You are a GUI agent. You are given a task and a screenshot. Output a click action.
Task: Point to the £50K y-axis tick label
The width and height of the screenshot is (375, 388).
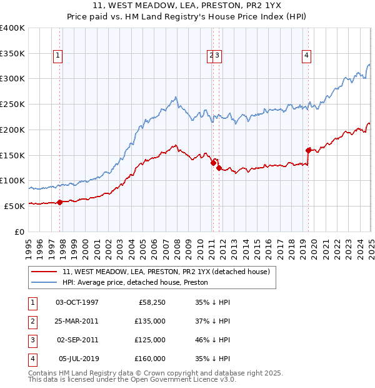(15, 205)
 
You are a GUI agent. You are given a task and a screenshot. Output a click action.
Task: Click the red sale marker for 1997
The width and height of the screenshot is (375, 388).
(60, 202)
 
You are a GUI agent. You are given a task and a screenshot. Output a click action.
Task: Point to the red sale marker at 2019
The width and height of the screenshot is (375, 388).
(308, 150)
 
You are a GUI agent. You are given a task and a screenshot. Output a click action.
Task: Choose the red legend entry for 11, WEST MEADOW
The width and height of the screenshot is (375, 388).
(166, 272)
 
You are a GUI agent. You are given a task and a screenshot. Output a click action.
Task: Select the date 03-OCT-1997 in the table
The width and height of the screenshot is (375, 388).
(77, 302)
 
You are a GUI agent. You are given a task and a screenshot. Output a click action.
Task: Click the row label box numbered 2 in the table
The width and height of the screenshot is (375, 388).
(31, 321)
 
